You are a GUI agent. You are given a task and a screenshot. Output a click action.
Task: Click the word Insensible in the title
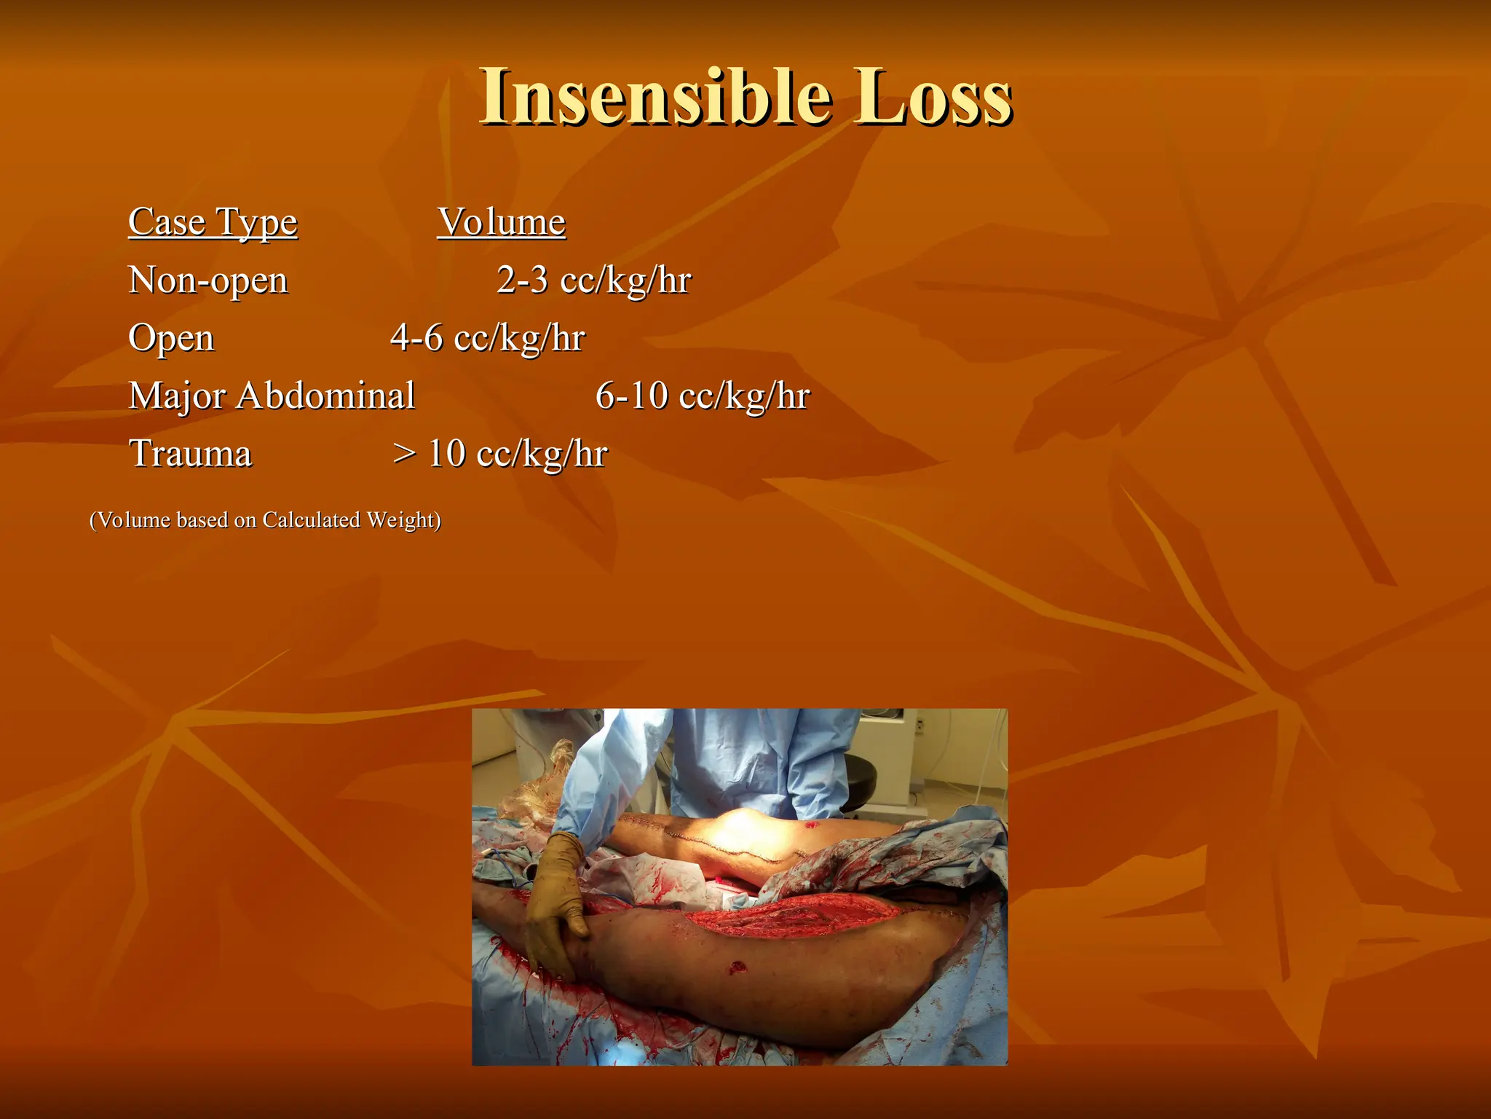[x=655, y=96]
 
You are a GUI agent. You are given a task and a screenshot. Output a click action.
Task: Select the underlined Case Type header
[x=213, y=222]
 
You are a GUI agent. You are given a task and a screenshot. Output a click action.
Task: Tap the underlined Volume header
[x=501, y=222]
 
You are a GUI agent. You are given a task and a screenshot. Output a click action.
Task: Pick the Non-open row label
[x=208, y=280]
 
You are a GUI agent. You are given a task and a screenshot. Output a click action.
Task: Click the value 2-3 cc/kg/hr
[x=593, y=280]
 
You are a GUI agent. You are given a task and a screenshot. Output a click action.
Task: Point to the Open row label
[x=171, y=339]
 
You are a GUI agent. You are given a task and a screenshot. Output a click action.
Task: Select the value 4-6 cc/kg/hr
[x=487, y=338]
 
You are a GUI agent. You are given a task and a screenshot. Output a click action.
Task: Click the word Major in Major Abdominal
[x=177, y=397]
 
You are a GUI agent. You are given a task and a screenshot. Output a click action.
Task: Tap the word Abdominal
[x=325, y=396]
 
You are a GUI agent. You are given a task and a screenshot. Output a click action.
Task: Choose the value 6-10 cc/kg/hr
[x=702, y=396]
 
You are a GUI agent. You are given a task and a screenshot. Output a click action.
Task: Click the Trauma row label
[x=190, y=454]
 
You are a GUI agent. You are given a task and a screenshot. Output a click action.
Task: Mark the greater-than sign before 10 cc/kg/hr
[x=404, y=454]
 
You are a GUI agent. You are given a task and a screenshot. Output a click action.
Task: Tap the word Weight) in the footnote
[x=403, y=520]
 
